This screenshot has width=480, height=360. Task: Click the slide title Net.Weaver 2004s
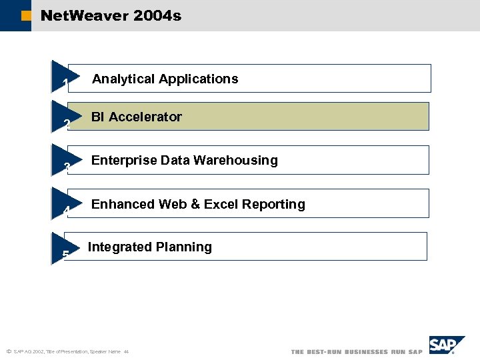coord(111,15)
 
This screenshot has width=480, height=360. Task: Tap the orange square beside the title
coord(25,16)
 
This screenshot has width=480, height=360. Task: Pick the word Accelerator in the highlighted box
coord(145,117)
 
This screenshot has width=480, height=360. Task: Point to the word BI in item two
coord(98,117)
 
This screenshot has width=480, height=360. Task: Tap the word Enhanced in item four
coord(123,204)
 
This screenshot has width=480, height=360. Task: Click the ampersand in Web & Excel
coord(195,204)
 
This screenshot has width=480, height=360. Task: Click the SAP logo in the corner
coord(446,345)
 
